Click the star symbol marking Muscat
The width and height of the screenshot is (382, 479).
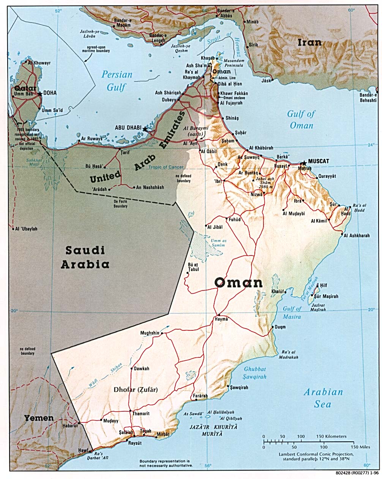point(303,163)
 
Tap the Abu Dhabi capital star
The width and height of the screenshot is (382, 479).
point(145,129)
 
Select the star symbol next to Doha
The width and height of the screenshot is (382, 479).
point(40,93)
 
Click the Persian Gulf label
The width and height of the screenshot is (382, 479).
point(117,81)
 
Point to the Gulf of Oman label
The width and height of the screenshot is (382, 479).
point(301,119)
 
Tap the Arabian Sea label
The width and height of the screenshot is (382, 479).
point(323,398)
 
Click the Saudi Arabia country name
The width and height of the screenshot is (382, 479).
point(85,257)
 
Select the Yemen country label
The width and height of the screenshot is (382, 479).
point(39,418)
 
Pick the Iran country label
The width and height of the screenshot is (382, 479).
point(309,43)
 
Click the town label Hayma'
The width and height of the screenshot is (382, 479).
point(221,319)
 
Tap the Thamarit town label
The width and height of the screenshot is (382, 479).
point(140,414)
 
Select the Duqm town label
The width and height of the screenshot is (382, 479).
point(280,327)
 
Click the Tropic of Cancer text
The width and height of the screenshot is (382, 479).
point(166,167)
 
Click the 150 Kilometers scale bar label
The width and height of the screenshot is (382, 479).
point(331,436)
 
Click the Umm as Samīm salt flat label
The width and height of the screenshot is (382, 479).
point(216,243)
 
